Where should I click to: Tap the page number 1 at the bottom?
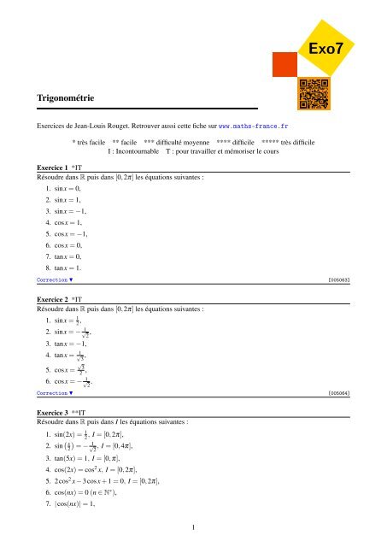tap(194, 526)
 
